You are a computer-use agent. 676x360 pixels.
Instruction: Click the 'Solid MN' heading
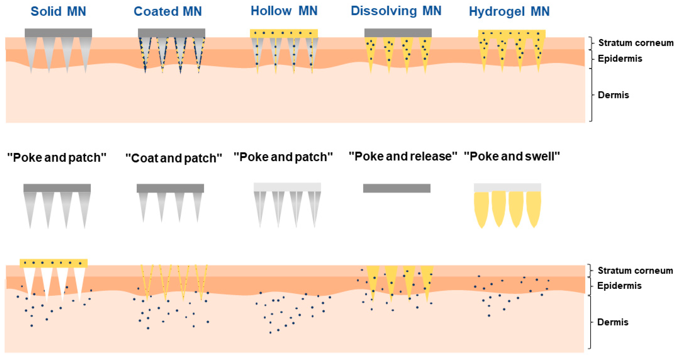[58, 12]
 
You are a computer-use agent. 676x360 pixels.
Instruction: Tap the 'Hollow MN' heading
[284, 11]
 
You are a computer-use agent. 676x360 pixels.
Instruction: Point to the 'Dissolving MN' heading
[396, 11]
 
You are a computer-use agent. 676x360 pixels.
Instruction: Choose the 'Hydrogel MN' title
[509, 12]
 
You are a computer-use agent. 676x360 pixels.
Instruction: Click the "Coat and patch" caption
[173, 158]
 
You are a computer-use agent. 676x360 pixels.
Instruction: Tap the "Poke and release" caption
[403, 156]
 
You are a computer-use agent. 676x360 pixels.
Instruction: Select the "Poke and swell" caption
[512, 156]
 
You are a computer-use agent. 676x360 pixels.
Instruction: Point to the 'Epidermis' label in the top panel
[620, 58]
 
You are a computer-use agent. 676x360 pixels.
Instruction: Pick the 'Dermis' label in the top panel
[613, 95]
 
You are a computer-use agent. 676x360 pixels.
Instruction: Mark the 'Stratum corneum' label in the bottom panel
[635, 271]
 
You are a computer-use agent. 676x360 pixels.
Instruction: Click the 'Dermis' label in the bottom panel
[613, 322]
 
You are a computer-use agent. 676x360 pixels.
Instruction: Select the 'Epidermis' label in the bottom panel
[619, 286]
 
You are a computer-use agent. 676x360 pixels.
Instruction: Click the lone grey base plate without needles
[397, 188]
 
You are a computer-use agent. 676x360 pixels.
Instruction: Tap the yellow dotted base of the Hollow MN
[284, 33]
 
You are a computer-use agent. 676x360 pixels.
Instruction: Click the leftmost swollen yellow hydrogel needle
[481, 209]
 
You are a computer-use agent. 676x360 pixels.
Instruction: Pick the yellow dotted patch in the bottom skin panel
[53, 263]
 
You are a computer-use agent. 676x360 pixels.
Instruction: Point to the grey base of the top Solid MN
[58, 33]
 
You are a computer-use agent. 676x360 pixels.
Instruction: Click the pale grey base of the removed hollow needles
[287, 187]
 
